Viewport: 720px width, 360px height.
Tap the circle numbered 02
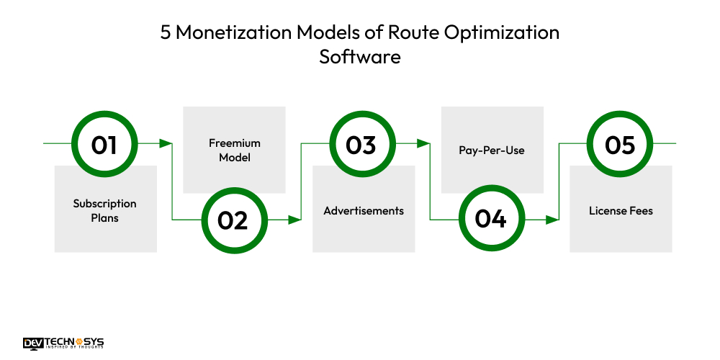[232, 220]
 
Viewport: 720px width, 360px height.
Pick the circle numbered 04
[490, 220]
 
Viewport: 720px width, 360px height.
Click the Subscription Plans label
[104, 210]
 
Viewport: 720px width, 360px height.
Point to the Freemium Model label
[234, 150]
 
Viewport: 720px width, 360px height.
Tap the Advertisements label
[364, 211]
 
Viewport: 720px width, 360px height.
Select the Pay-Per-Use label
[492, 150]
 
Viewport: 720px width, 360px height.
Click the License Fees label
[621, 211]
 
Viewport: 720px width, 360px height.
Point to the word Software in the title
[360, 57]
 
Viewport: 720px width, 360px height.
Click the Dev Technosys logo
[63, 343]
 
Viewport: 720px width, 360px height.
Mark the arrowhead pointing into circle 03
[295, 220]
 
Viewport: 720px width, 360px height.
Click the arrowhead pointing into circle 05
[553, 220]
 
